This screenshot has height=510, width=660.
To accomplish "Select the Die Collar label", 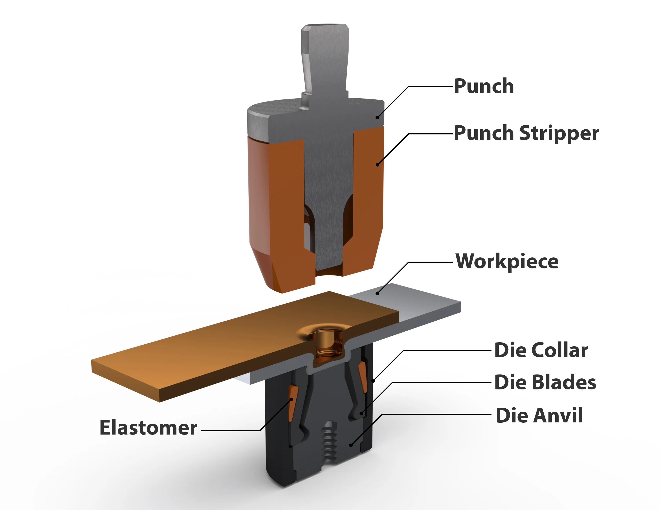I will pos(541,350).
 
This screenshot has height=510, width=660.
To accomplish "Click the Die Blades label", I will pos(545,382).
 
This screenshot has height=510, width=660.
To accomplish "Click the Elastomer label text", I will pos(148,427).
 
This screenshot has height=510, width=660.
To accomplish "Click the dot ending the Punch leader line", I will pos(377,117).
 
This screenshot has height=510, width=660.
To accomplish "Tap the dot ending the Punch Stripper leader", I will pos(377,165).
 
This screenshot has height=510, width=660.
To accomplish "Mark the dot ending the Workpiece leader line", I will pos(377,293).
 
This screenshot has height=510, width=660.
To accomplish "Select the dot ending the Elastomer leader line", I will pos(292,399).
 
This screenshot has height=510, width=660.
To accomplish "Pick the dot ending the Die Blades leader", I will pos(361,414).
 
